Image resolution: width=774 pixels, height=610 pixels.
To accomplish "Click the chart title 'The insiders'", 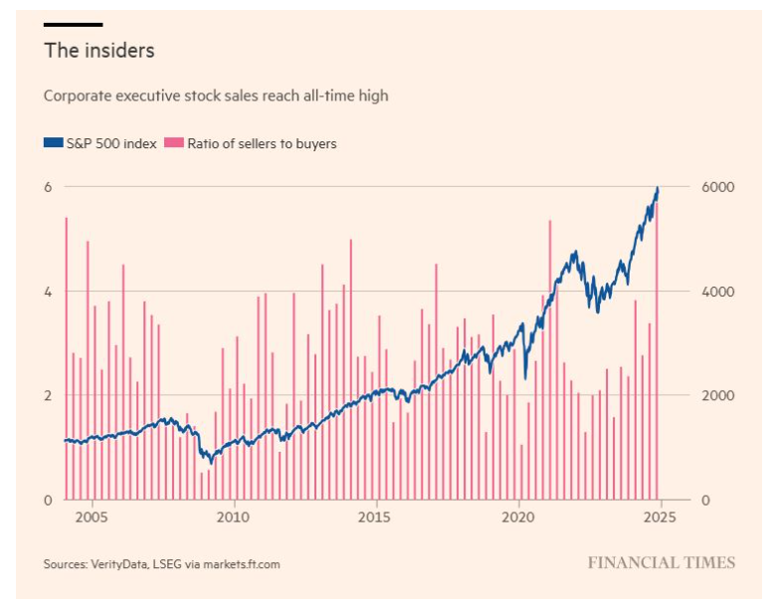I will click(x=98, y=49).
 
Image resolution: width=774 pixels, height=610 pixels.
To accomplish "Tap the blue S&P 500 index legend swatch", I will click(x=51, y=143).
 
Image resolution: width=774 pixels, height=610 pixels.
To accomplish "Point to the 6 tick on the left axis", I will click(x=47, y=187).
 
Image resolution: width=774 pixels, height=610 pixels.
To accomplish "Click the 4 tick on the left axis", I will click(x=47, y=292).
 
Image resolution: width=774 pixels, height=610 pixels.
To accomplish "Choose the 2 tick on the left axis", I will click(x=47, y=395).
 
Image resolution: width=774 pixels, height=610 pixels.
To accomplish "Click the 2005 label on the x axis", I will click(x=92, y=517).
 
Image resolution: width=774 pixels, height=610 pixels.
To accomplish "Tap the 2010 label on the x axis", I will click(x=234, y=517).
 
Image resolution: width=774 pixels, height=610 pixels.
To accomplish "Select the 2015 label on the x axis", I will click(x=376, y=517).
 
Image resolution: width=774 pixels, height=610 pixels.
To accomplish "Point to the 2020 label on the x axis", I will click(x=518, y=517).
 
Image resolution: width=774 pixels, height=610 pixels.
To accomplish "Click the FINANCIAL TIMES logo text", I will click(x=661, y=563).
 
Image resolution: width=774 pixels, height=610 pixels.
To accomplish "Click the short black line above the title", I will click(x=73, y=24).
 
